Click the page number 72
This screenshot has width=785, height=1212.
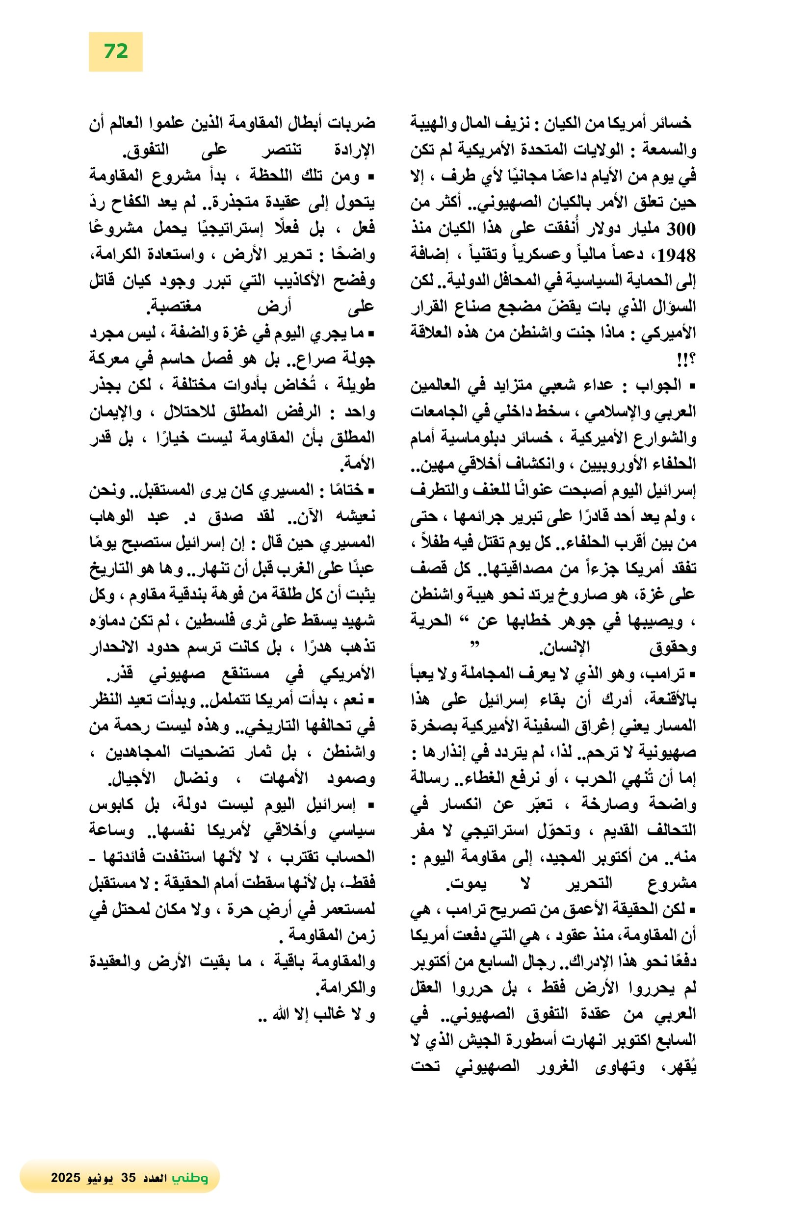click(x=116, y=52)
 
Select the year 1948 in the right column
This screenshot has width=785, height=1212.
click(x=676, y=256)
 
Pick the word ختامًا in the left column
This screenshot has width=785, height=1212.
click(x=347, y=490)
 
